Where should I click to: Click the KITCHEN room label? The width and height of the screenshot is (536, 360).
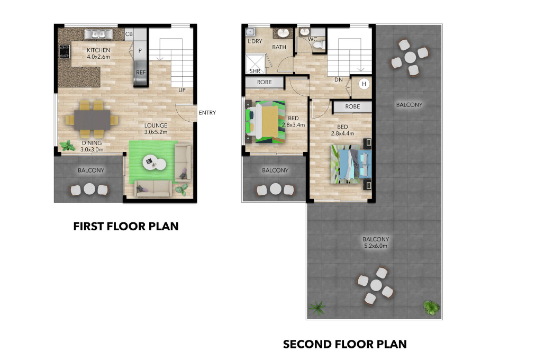point(98,50)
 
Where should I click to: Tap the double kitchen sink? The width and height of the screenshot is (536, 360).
point(98,34)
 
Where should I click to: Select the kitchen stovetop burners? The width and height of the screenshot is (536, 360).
point(65,52)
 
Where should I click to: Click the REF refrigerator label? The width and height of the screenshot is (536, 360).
point(141,73)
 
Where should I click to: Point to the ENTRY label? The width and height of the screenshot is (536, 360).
point(207,112)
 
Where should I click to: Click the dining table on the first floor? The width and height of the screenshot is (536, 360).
point(92,119)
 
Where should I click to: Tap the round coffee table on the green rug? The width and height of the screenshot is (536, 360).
point(154,163)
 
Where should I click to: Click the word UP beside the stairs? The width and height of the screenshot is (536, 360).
point(182,90)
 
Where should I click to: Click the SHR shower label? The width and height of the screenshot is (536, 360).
point(255,71)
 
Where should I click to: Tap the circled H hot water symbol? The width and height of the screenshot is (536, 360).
point(364,84)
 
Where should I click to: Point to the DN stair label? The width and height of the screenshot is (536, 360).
point(339,79)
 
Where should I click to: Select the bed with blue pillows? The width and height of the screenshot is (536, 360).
point(351,164)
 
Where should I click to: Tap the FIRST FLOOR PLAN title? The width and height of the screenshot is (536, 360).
point(126,227)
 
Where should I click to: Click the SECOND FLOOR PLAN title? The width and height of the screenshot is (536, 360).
point(345,344)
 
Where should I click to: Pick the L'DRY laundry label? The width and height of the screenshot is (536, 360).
point(255,41)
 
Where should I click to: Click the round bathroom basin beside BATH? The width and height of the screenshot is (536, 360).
point(283,33)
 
